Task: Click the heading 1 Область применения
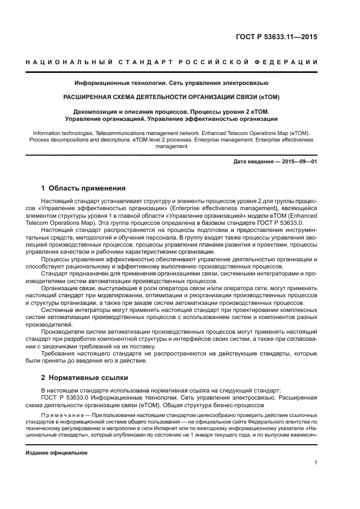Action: coord(83,188)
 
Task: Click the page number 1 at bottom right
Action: coord(316,463)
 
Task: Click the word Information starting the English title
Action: coord(47,132)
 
